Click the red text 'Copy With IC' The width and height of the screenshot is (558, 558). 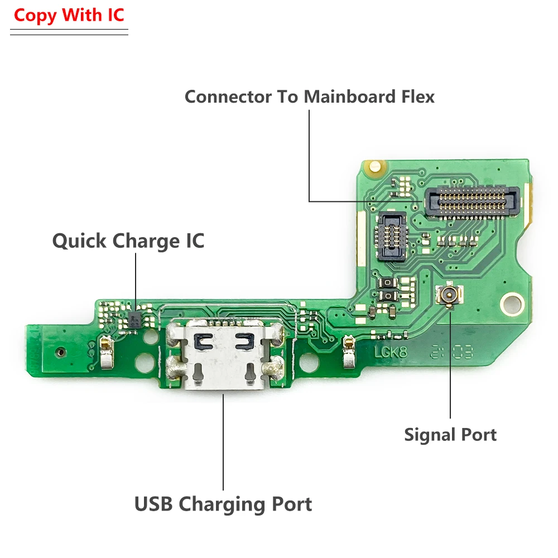69,15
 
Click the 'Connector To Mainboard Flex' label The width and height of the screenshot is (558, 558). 310,97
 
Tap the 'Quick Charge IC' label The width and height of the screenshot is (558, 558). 128,241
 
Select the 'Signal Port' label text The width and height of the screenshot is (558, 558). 450,434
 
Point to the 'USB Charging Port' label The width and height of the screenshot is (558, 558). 223,504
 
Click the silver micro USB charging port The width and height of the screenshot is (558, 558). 223,357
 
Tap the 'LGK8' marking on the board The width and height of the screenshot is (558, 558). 387,354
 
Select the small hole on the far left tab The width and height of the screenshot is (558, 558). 59,353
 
